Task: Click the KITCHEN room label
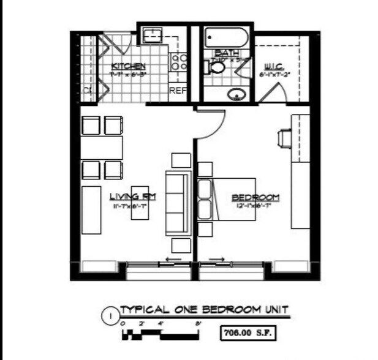[128, 66]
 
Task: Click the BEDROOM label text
[255, 197]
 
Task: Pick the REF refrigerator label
[178, 91]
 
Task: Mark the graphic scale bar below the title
[161, 334]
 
